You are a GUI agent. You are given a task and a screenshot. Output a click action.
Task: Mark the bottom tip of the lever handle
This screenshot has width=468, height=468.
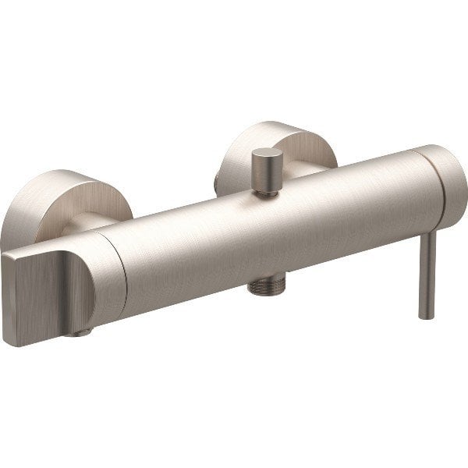[427, 315]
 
